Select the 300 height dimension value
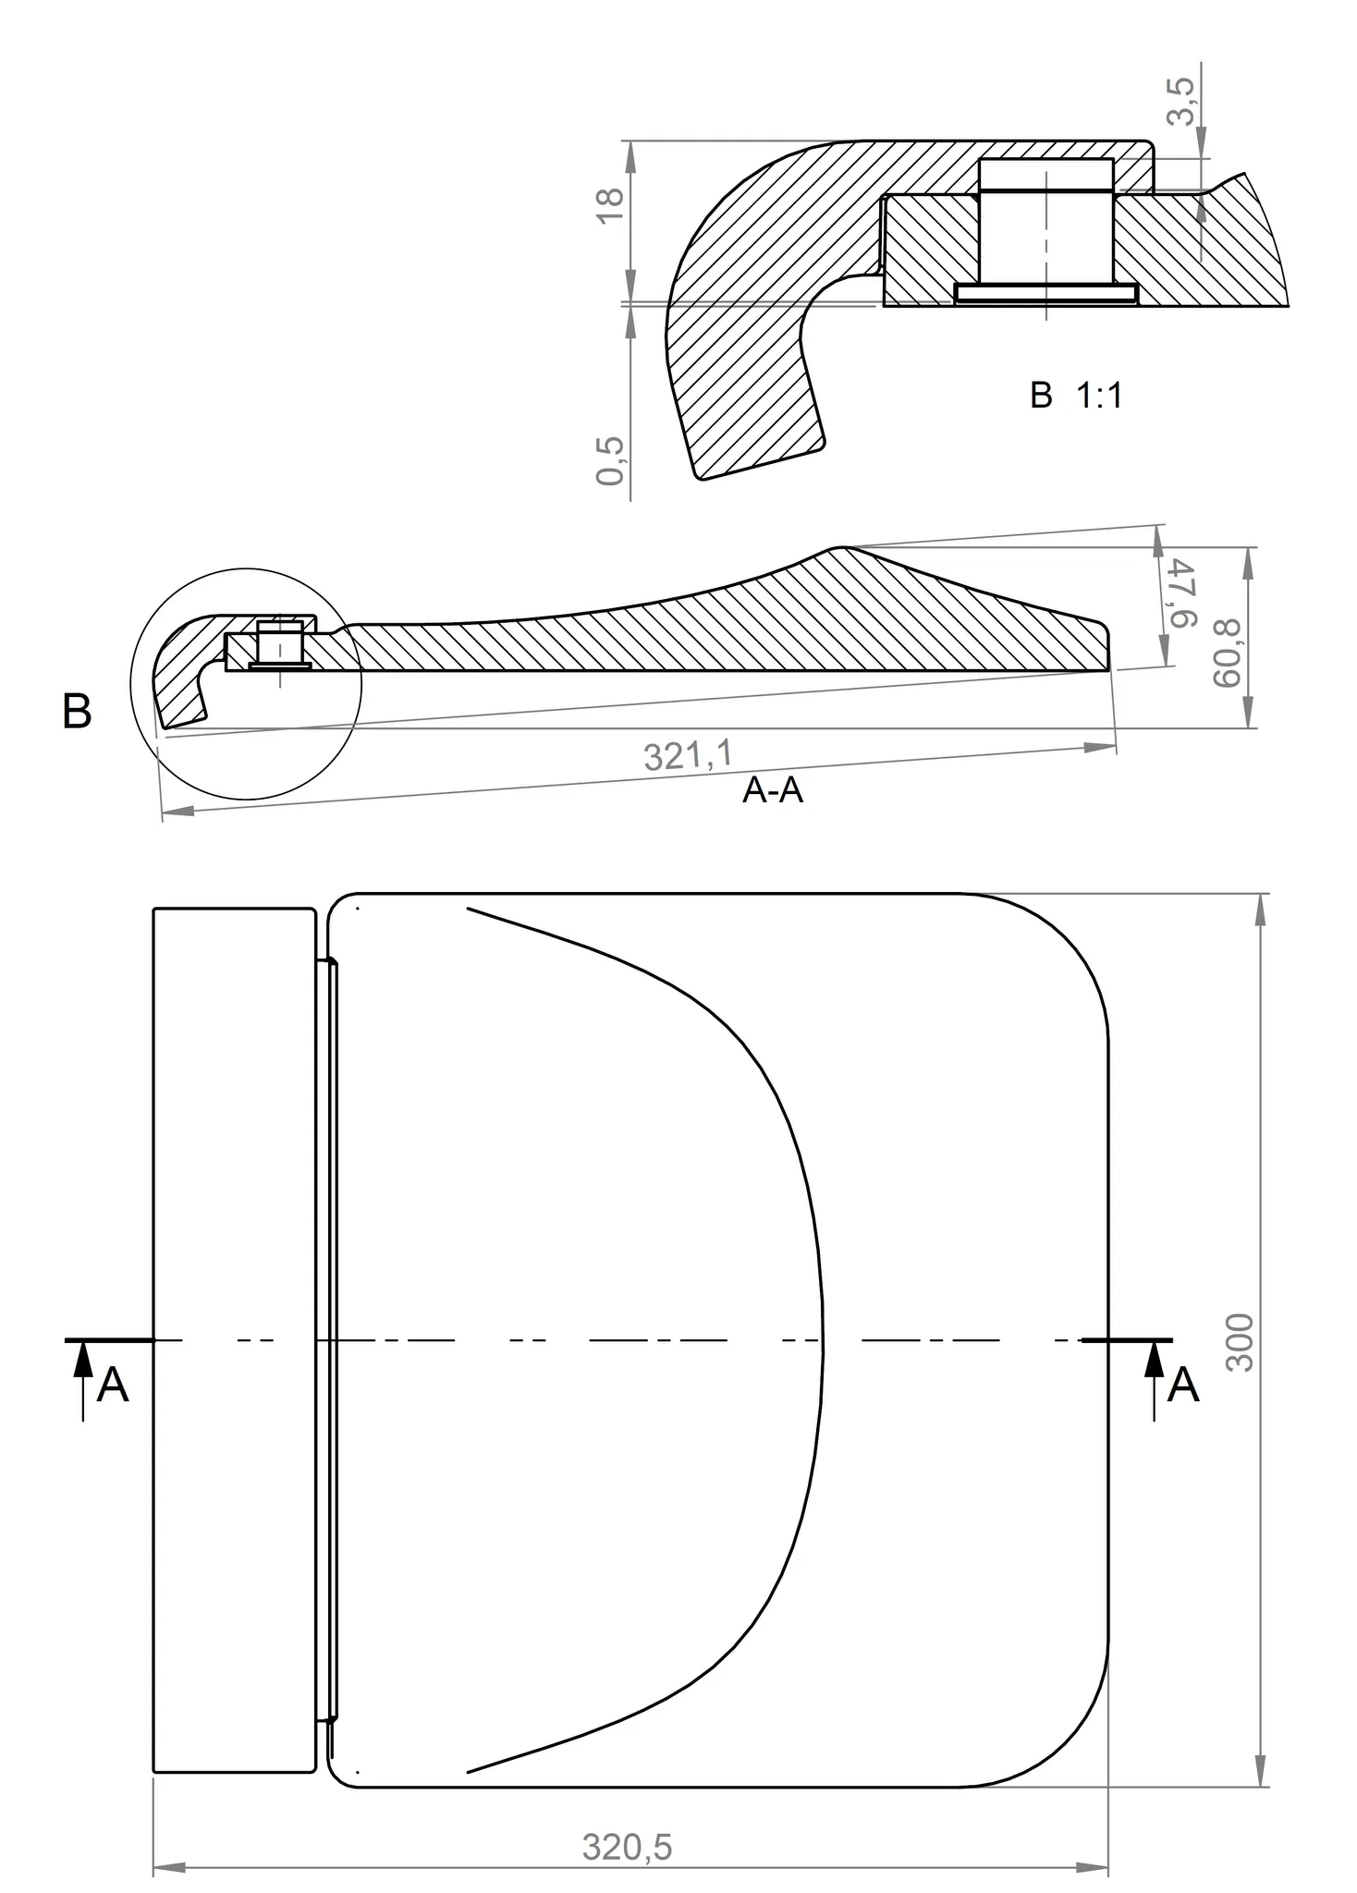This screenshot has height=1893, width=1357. tap(1240, 1342)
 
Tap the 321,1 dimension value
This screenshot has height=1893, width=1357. tap(688, 755)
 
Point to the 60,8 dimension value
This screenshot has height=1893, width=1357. tap(1227, 653)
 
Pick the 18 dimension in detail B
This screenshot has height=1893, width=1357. tap(611, 204)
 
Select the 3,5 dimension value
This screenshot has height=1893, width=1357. tap(1180, 101)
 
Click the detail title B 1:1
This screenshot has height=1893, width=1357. tap(1076, 396)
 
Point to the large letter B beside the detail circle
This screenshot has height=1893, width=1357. tap(77, 713)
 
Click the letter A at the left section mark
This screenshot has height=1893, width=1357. tap(113, 1386)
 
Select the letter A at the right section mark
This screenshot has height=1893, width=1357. tap(1183, 1386)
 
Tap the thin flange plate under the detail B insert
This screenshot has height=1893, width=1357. tap(1045, 293)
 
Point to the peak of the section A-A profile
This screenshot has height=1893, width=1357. tap(842, 548)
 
